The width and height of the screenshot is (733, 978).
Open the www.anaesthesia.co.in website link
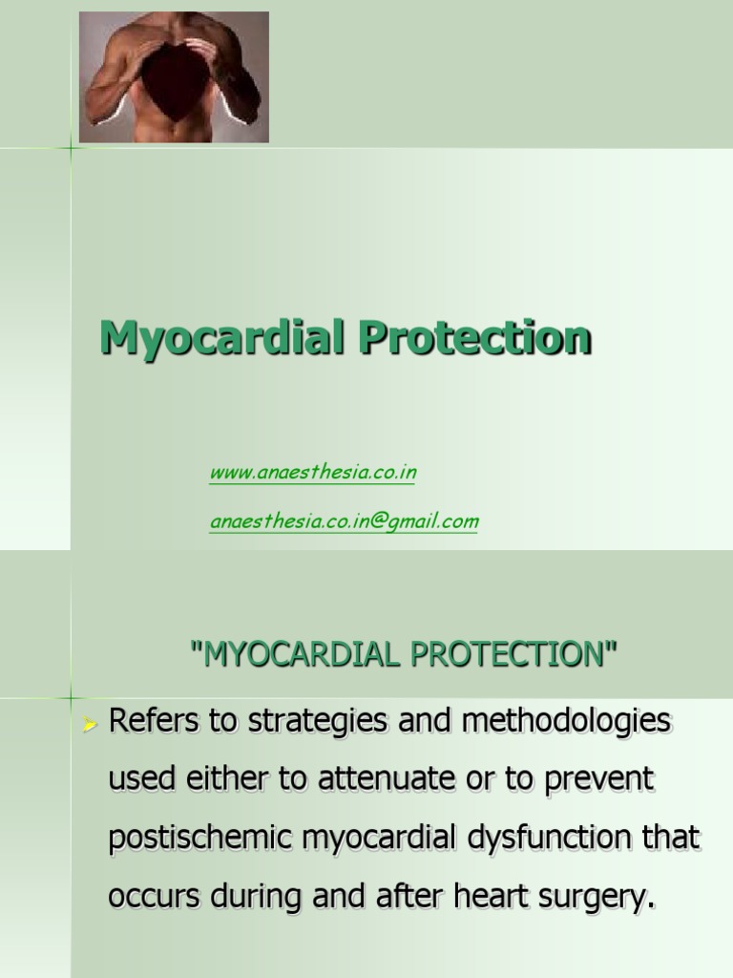coord(312,473)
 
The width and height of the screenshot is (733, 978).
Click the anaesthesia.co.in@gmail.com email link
coord(344,521)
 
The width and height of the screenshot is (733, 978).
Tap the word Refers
coord(155,722)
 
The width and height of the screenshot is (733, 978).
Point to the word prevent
coord(594,780)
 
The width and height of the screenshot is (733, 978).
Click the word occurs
coord(153,898)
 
